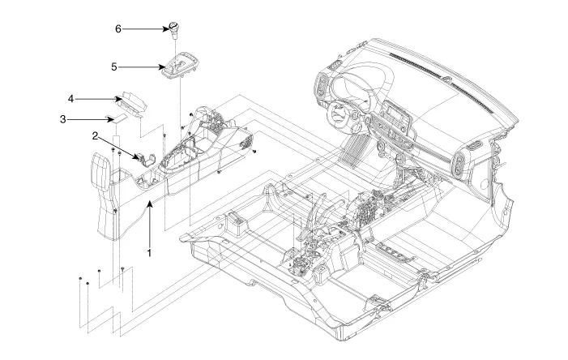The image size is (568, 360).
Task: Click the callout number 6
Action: click(x=117, y=28)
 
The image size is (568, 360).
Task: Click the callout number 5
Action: click(x=113, y=66)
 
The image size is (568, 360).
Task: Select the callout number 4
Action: click(x=71, y=99)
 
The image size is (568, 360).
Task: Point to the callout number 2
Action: click(x=95, y=136)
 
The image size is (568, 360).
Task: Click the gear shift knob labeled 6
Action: click(x=174, y=30)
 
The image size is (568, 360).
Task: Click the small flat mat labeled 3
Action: click(x=118, y=119)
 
